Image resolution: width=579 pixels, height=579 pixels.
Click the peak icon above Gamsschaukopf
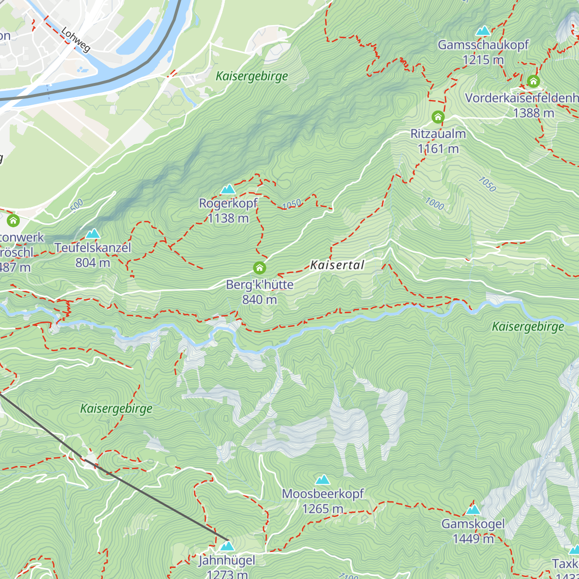click(x=483, y=31)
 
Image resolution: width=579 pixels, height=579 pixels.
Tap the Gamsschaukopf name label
click(x=483, y=45)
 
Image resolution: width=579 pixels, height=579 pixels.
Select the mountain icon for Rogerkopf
click(x=228, y=189)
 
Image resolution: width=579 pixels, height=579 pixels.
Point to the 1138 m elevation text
click(x=228, y=219)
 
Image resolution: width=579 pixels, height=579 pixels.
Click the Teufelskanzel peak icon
click(x=93, y=234)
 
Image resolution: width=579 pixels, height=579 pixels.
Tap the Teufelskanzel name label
click(x=93, y=248)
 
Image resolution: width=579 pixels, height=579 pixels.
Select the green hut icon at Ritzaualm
click(x=438, y=117)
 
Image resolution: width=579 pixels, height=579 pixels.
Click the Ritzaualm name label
click(x=438, y=134)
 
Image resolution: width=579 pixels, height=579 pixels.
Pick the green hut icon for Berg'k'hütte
click(x=260, y=268)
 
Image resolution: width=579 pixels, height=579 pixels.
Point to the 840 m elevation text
click(x=260, y=300)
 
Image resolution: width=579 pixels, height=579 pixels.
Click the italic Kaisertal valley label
click(x=337, y=265)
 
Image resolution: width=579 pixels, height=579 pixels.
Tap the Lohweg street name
click(x=76, y=39)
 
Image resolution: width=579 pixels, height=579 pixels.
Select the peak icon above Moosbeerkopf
click(x=322, y=480)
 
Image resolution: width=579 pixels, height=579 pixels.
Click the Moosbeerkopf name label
click(x=323, y=494)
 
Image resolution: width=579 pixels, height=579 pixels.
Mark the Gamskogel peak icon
click(x=473, y=510)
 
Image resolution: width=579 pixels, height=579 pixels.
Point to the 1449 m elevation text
click(x=473, y=539)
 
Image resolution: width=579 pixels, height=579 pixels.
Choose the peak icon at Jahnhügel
click(x=227, y=546)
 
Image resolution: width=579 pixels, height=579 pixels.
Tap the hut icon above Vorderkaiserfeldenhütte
click(x=533, y=81)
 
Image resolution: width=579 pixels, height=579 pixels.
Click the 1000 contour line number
click(x=434, y=204)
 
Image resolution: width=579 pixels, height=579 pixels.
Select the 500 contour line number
click(x=77, y=205)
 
